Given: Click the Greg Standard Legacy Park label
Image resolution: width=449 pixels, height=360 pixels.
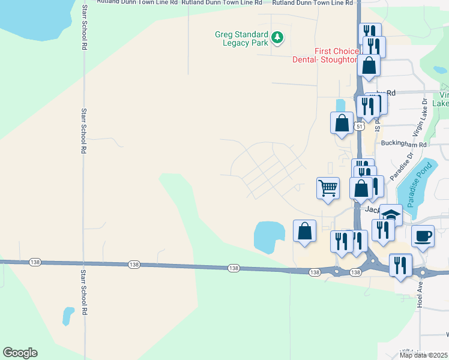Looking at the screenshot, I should [x=242, y=38].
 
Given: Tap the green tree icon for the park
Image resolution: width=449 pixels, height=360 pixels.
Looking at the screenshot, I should [x=277, y=38].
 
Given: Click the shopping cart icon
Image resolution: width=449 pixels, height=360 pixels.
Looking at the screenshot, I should [x=328, y=187].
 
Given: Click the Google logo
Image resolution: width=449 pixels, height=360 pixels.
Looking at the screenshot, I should [x=20, y=353].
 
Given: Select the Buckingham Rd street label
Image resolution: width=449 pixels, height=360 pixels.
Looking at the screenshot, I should [x=403, y=145].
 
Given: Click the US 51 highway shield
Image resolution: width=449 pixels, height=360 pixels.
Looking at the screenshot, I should [x=358, y=127].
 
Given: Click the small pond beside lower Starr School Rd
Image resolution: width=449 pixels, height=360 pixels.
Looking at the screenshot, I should [x=68, y=314].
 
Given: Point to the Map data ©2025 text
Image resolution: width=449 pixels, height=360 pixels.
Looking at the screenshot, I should [x=424, y=355].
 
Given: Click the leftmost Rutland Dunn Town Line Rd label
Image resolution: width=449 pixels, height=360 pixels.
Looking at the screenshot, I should [x=138, y=3].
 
